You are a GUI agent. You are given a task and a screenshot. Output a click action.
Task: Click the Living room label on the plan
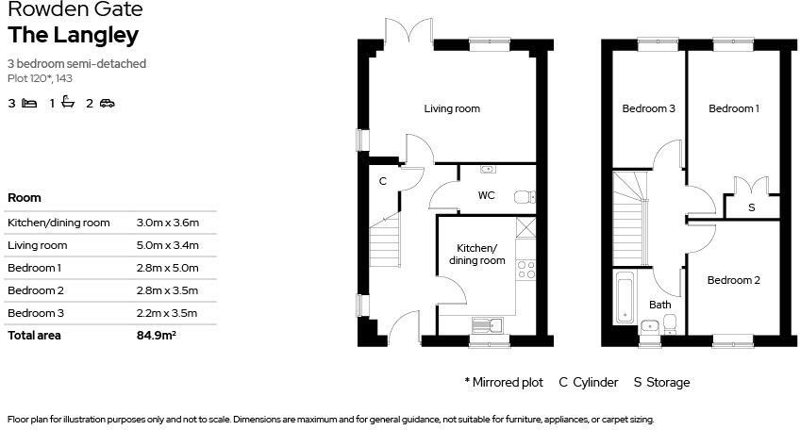451,108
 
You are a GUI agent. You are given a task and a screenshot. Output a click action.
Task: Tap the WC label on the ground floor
486,196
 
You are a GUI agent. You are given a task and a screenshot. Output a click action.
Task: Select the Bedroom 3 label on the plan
648,108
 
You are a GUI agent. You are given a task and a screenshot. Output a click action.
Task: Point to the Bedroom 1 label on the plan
733,108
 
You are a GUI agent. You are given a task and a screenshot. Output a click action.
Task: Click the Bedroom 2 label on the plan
733,280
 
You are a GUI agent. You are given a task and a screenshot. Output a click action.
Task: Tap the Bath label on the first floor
659,305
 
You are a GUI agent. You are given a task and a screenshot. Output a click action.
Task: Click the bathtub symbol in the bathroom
625,297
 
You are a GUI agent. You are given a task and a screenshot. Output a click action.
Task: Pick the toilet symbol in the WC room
524,197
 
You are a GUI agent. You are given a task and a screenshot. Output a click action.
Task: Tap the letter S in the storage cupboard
751,207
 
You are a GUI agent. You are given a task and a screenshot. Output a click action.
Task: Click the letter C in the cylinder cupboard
382,181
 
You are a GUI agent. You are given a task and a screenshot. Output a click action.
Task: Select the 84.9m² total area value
157,335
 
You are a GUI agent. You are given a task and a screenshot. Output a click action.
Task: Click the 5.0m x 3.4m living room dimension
168,245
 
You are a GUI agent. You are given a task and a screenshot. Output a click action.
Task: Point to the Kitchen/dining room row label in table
58,223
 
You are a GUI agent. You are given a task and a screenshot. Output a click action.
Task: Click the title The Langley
74,36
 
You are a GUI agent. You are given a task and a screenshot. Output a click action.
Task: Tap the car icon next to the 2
107,103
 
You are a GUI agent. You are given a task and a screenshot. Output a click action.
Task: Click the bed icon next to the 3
29,103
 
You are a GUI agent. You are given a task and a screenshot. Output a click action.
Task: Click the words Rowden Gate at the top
75,10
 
